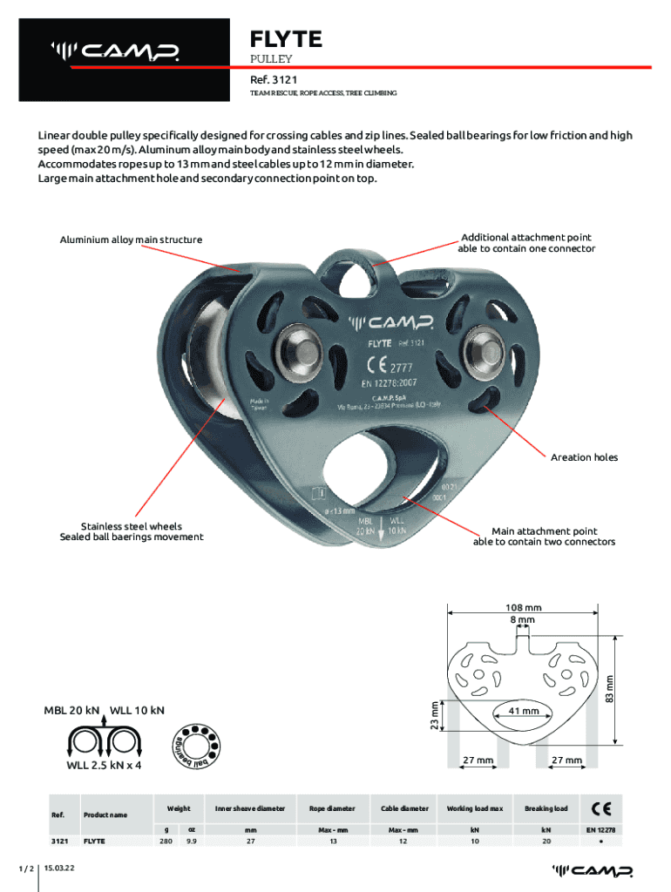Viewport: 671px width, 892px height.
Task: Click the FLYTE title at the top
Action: pyautogui.click(x=286, y=39)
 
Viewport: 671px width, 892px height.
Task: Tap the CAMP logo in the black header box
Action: pyautogui.click(x=116, y=53)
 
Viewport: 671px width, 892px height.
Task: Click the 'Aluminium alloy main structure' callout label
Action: pyautogui.click(x=131, y=240)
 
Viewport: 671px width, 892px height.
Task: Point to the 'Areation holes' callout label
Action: pyautogui.click(x=584, y=457)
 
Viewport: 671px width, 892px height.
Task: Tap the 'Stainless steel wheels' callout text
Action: pyautogui.click(x=132, y=526)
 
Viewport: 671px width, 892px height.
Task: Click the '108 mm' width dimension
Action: pyautogui.click(x=523, y=607)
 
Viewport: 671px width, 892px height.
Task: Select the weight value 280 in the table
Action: pyautogui.click(x=166, y=842)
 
